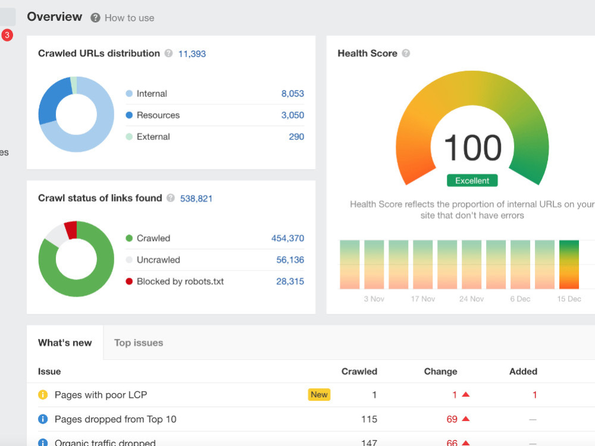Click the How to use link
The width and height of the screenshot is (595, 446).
pyautogui.click(x=129, y=18)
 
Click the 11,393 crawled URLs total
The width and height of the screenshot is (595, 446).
pyautogui.click(x=192, y=54)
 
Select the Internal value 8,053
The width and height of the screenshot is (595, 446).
pyautogui.click(x=293, y=94)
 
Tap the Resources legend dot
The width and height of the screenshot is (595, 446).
pyautogui.click(x=129, y=115)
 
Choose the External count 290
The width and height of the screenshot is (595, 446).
pyautogui.click(x=296, y=137)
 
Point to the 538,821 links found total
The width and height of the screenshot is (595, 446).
pyautogui.click(x=196, y=199)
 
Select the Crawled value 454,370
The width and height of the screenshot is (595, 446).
pyautogui.click(x=287, y=238)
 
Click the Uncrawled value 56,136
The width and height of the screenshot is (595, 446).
pyautogui.click(x=290, y=260)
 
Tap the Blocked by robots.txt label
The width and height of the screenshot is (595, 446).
pyautogui.click(x=180, y=281)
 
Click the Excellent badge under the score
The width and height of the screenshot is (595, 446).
pyautogui.click(x=472, y=181)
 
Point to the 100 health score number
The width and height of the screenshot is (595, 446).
pyautogui.click(x=472, y=148)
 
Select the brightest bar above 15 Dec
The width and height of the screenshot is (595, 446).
pyautogui.click(x=569, y=265)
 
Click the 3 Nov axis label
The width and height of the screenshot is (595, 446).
pyautogui.click(x=374, y=299)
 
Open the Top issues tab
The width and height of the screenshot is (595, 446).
pyautogui.click(x=139, y=343)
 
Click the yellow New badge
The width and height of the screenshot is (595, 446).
pyautogui.click(x=319, y=395)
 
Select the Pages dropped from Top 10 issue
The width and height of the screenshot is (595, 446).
pyautogui.click(x=115, y=419)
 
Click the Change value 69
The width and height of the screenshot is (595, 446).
pyautogui.click(x=452, y=419)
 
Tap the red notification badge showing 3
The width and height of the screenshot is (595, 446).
pyautogui.click(x=7, y=35)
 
